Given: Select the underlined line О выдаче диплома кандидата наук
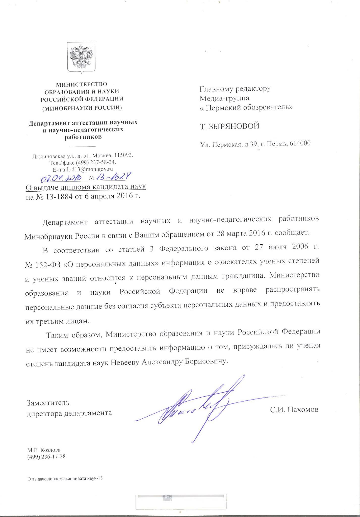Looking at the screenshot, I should tap(86, 187).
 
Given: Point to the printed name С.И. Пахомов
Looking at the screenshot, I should tap(294, 409).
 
